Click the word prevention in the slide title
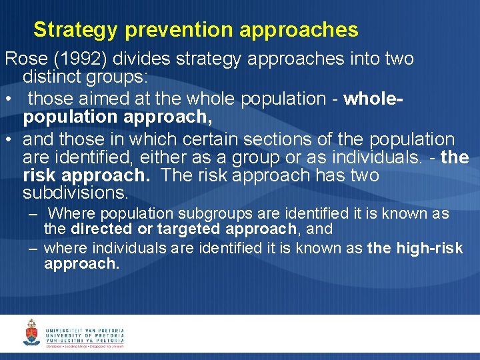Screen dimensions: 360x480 pos(179,30)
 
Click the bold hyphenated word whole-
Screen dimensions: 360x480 pos(374,99)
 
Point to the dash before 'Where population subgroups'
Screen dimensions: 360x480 pos(33,214)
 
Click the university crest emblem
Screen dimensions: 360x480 pos(31,332)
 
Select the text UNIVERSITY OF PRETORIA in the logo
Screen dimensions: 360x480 pos(85,335)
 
